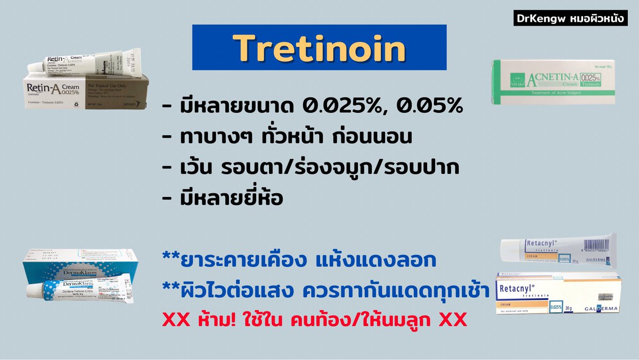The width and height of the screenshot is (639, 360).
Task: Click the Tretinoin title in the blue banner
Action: click(x=319, y=49)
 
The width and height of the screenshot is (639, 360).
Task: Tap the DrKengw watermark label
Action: click(x=571, y=19)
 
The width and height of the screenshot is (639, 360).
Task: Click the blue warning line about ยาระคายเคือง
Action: click(x=300, y=260)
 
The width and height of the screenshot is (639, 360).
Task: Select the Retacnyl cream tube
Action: click(x=559, y=250)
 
